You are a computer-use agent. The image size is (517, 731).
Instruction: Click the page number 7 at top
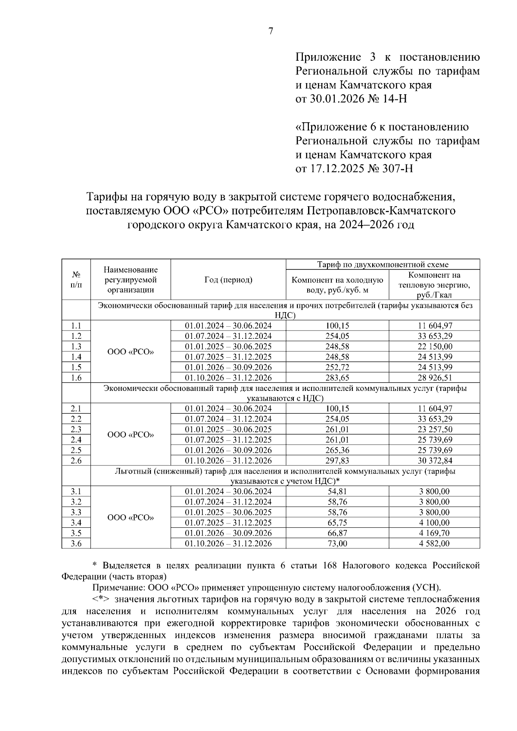click(271, 31)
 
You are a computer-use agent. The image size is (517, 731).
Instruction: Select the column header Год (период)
click(228, 280)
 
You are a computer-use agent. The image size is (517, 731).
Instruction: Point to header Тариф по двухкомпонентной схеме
click(383, 264)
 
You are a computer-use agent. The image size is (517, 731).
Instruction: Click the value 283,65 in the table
click(337, 378)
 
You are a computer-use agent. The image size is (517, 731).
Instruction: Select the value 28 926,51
click(434, 378)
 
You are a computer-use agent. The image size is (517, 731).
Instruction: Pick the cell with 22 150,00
click(434, 347)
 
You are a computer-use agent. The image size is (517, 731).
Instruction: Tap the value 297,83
click(337, 461)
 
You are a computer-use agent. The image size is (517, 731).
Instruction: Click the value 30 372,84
click(434, 461)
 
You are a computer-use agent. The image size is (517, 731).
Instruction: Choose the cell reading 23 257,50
click(434, 429)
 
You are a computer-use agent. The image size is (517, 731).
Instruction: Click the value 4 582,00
click(434, 543)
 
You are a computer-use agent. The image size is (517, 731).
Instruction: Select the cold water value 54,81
click(337, 492)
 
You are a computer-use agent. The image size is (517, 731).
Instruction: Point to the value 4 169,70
click(434, 533)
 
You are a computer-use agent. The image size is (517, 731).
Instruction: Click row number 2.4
click(76, 440)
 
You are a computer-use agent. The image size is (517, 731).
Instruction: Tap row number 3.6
click(76, 543)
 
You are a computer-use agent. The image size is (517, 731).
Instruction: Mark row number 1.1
click(76, 326)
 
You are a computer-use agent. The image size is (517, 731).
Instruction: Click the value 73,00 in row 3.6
click(337, 543)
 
